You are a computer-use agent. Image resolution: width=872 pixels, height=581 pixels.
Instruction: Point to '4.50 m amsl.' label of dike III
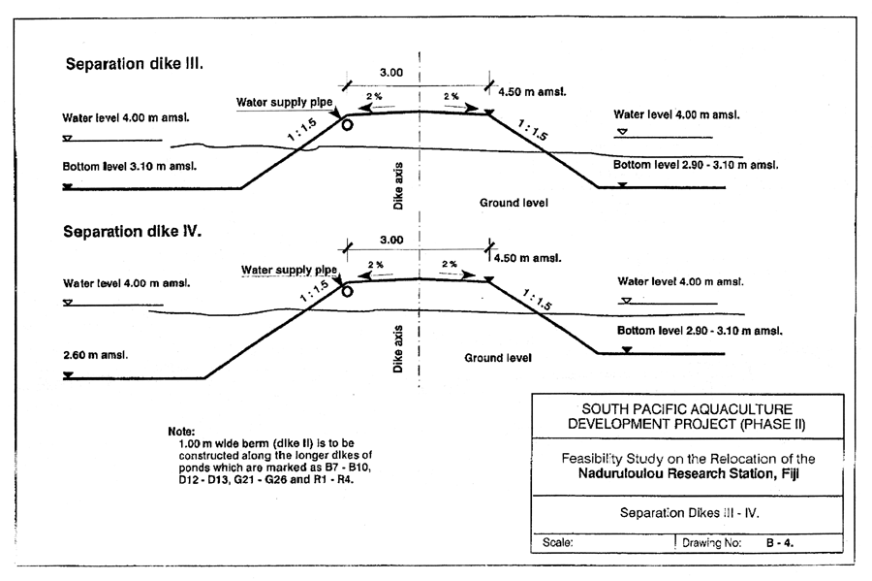[x=532, y=92]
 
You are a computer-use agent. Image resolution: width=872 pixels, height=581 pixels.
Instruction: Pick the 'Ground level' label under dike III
[x=514, y=203]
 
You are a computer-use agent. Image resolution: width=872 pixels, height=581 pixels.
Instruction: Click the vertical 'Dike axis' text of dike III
[x=398, y=187]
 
